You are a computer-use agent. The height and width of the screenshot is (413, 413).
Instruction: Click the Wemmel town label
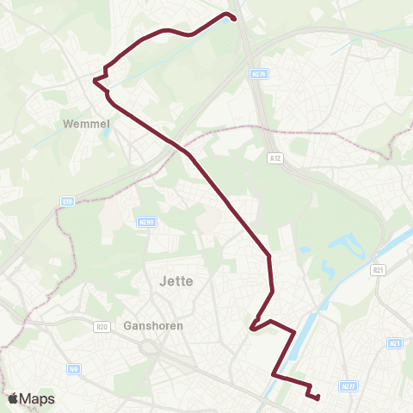(85, 125)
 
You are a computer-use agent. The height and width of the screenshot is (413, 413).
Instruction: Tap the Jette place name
(176, 280)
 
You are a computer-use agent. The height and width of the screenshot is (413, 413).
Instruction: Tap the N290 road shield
(145, 221)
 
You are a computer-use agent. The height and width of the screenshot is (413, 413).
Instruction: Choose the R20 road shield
(102, 326)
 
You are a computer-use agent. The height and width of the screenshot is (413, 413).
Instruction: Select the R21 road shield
(378, 270)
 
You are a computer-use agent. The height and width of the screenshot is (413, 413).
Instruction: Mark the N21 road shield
(395, 343)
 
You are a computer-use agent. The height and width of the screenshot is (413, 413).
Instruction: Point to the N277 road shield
(348, 386)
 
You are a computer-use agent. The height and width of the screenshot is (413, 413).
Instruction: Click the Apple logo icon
(14, 398)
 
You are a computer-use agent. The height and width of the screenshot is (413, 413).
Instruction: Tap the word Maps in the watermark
(38, 399)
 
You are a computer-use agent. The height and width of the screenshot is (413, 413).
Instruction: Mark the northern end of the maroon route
(234, 18)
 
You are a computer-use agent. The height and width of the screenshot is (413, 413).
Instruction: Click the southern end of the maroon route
(317, 398)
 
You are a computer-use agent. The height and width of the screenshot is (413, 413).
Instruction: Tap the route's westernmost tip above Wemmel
(95, 79)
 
